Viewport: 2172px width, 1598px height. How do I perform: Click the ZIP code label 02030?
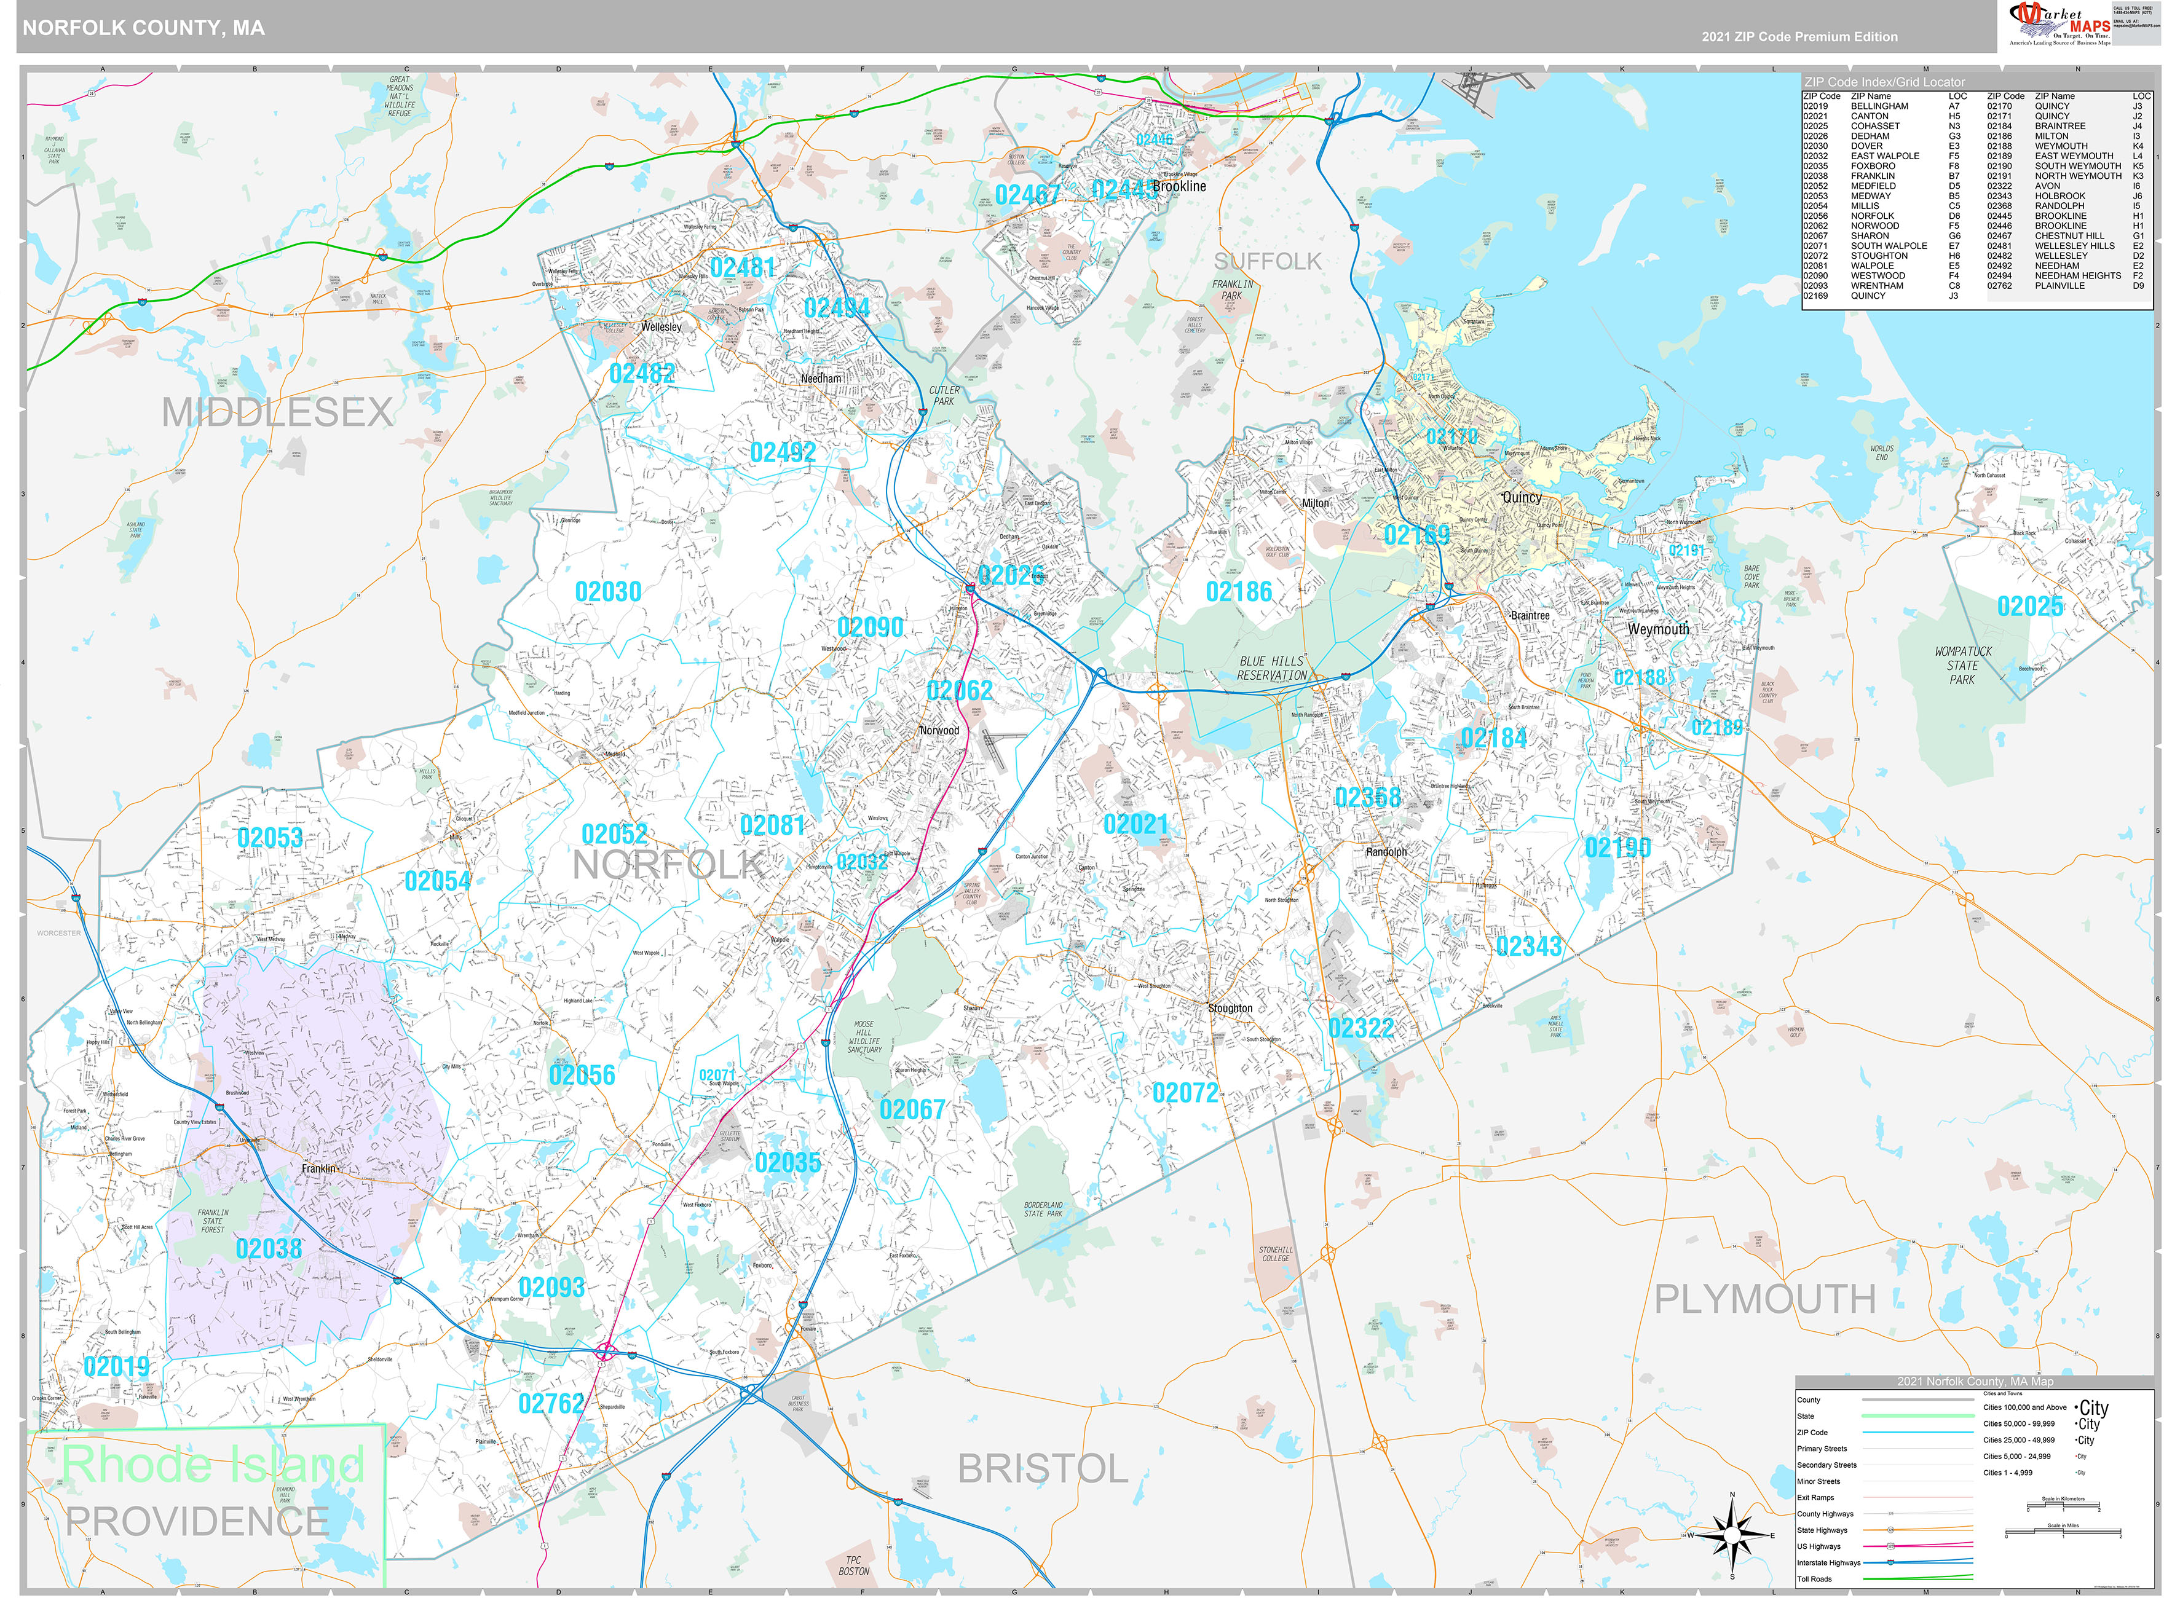[607, 592]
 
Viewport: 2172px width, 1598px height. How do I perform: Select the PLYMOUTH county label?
[1764, 1299]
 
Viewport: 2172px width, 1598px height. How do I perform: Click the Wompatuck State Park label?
[1963, 666]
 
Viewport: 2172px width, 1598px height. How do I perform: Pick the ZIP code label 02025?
[2030, 607]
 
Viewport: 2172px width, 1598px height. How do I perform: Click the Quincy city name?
[1522, 497]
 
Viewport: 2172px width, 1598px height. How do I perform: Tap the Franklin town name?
[318, 1168]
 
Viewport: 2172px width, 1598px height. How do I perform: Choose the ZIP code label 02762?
[551, 1404]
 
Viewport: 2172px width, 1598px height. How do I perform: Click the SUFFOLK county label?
[1266, 261]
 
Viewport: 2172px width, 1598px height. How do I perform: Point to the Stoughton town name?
[1230, 1008]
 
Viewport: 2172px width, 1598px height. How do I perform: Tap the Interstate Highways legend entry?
[1828, 1562]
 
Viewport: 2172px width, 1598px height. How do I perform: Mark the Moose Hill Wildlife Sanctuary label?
[864, 1036]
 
